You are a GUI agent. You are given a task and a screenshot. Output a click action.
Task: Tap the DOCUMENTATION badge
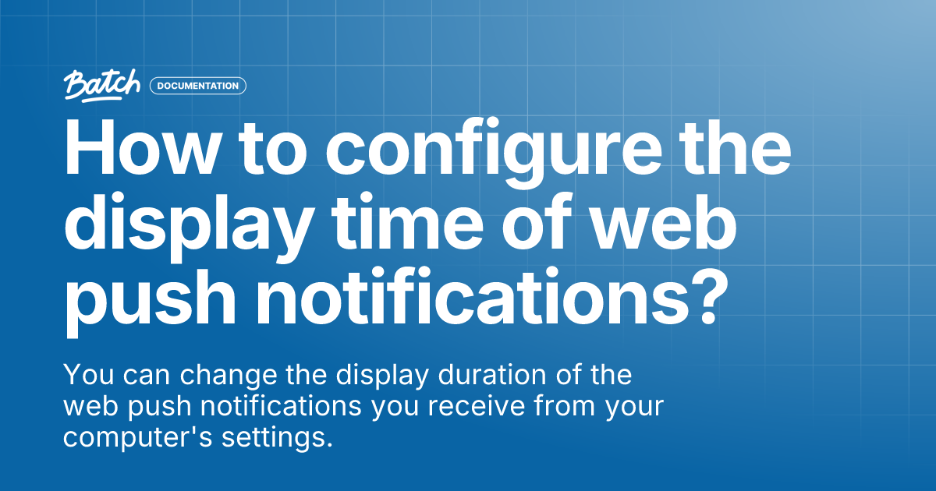(x=198, y=86)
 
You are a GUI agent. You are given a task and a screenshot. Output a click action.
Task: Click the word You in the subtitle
(x=87, y=375)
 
